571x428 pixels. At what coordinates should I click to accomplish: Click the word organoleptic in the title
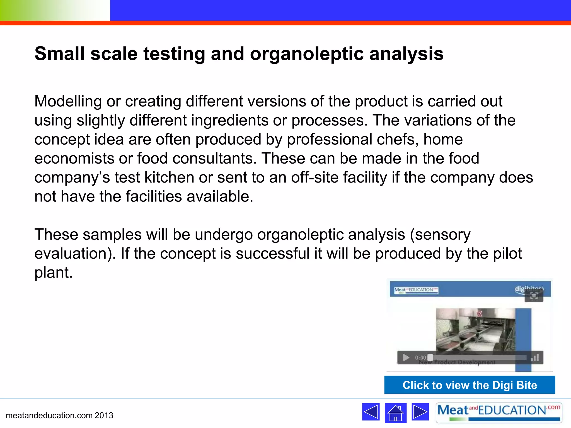pos(306,54)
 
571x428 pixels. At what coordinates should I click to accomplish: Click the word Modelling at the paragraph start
pos(68,101)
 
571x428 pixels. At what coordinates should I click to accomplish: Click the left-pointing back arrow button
pos(371,412)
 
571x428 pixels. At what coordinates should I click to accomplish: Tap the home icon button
pos(395,413)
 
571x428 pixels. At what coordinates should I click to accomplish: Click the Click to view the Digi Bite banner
pos(470,385)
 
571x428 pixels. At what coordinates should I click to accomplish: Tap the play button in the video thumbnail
pos(406,358)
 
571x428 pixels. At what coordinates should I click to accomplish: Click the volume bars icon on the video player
pos(535,358)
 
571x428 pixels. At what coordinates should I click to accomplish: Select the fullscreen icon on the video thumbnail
pos(534,296)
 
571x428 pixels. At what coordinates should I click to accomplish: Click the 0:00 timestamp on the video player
pos(420,358)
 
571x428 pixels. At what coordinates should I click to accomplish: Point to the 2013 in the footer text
pos(104,415)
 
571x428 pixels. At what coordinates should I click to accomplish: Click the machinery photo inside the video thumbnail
pos(475,329)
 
